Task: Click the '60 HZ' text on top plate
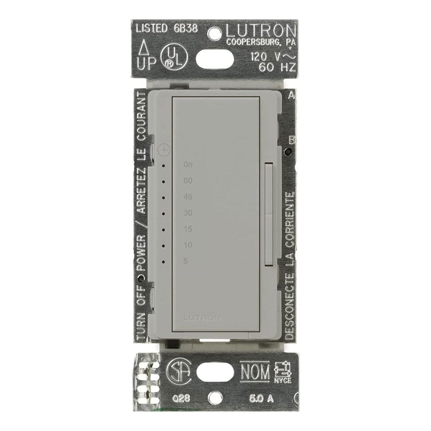tap(277, 67)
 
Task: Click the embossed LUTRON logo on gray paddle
tap(202, 318)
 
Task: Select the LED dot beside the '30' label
tap(164, 213)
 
